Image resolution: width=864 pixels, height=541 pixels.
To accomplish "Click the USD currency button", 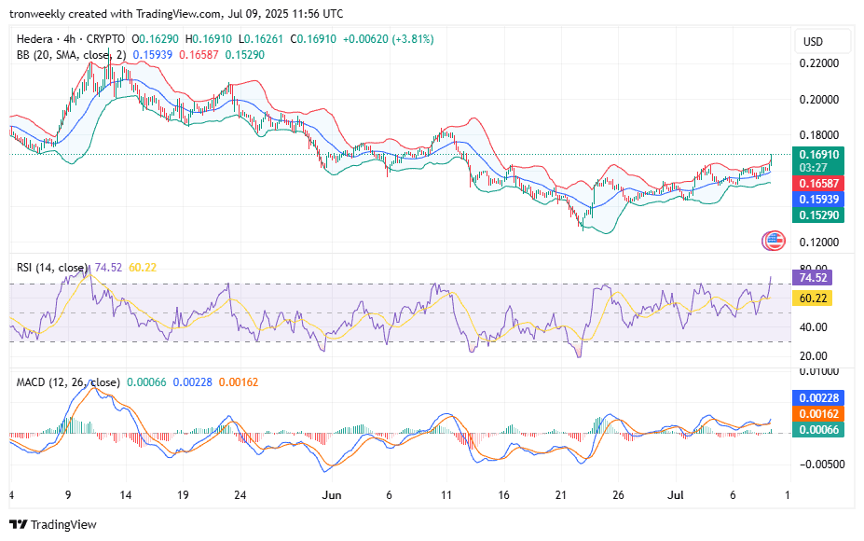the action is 821,42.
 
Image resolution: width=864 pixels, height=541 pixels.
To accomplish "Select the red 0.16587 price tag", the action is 818,184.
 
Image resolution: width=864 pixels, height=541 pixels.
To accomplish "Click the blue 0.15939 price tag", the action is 818,200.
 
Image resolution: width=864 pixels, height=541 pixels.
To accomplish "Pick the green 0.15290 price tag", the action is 818,215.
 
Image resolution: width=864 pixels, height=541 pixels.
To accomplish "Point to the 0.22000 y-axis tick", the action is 819,63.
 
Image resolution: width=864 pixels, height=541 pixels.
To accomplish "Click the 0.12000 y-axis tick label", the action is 819,243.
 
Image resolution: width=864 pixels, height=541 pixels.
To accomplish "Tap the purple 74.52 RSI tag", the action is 812,277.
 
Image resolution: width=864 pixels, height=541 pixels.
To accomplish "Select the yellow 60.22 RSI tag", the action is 812,298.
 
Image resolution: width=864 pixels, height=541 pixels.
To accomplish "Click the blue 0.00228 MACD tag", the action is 818,397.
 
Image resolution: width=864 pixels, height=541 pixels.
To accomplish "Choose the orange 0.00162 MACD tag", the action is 818,413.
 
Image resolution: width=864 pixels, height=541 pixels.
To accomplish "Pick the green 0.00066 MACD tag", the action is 818,430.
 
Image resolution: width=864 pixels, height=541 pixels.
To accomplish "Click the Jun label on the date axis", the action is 332,495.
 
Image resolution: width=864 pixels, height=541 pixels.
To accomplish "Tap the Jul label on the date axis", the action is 676,495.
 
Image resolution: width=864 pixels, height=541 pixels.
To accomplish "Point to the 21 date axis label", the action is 561,495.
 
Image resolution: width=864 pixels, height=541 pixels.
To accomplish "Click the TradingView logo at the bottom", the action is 53,524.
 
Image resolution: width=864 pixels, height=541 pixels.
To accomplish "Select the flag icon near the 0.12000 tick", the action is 774,241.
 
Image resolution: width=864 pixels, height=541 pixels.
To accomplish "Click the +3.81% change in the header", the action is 413,39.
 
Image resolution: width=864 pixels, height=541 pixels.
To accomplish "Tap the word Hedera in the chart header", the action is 34,39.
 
